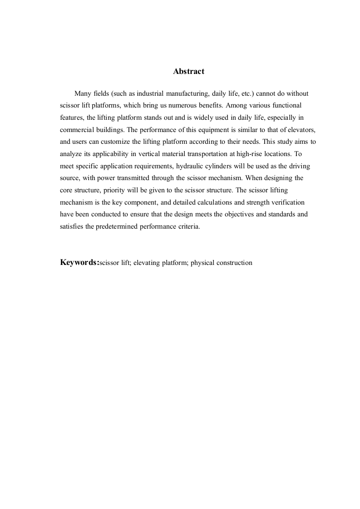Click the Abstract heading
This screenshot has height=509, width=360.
coord(189,72)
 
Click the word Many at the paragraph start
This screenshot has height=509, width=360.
coord(83,93)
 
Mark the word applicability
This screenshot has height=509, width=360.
coord(106,153)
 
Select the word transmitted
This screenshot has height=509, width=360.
coord(127,178)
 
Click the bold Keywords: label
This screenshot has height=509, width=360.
coord(79,262)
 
